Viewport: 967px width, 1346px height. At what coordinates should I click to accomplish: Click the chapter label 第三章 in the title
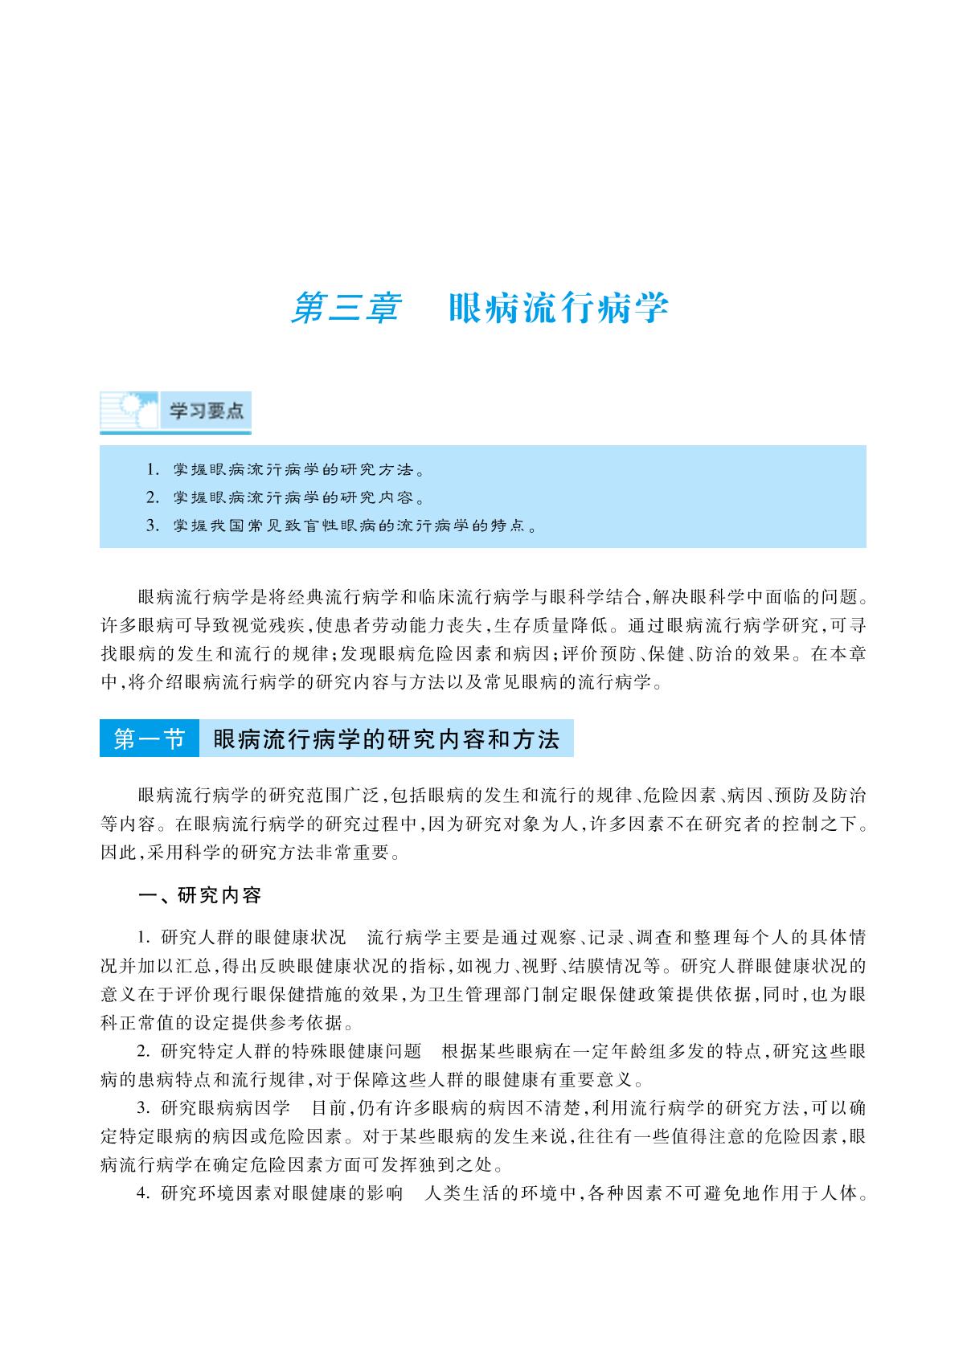click(x=345, y=309)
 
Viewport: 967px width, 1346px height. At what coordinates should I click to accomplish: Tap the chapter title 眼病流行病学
click(x=559, y=309)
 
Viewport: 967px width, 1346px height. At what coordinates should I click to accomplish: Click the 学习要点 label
click(x=206, y=411)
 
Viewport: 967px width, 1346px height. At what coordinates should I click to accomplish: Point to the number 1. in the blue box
click(x=153, y=468)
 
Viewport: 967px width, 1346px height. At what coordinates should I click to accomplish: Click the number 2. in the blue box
click(x=153, y=497)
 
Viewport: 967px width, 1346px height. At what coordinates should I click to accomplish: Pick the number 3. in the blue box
click(x=153, y=526)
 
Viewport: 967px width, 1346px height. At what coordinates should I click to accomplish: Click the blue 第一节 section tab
click(x=150, y=739)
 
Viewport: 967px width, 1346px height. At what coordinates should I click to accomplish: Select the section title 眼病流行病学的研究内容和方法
click(x=386, y=739)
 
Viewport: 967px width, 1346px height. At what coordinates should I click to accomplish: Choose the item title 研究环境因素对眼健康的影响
click(x=281, y=1194)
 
